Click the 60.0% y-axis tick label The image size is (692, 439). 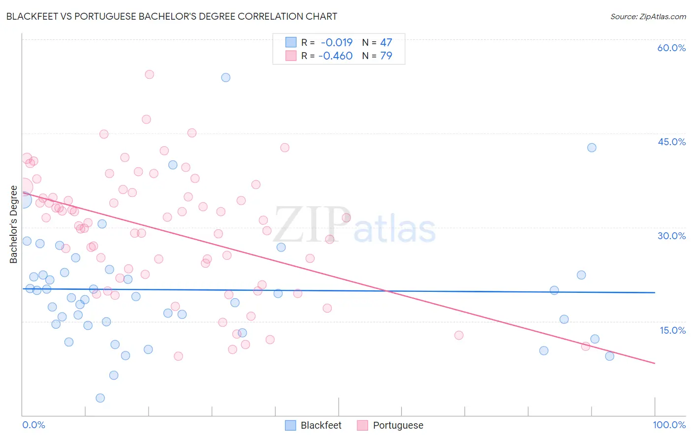(671, 48)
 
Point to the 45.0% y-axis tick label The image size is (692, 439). (671, 142)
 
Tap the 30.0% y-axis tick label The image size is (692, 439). (671, 236)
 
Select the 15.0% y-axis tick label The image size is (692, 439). (672, 330)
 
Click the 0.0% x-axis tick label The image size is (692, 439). (33, 425)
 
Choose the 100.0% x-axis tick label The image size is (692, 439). (669, 425)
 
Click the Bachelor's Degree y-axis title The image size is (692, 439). (14, 224)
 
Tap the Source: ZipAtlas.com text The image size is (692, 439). (648, 16)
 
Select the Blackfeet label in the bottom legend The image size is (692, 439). (321, 425)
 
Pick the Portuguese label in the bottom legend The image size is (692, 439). (398, 425)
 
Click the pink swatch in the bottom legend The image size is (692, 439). (362, 425)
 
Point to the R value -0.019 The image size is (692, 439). (337, 43)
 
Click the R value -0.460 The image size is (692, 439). (336, 56)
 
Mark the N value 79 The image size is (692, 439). (386, 56)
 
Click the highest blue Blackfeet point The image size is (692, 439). (225, 77)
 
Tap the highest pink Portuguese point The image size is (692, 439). (149, 74)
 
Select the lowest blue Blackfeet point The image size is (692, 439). (100, 398)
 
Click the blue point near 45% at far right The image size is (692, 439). (592, 148)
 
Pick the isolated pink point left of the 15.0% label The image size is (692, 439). (459, 335)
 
